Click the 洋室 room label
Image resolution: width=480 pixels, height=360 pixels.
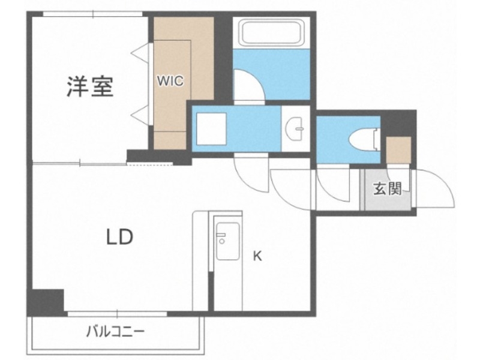(x=89, y=88)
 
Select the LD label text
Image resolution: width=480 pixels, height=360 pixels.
(x=120, y=238)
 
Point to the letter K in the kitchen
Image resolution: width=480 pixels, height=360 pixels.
(x=257, y=256)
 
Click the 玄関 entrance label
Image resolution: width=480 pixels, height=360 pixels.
(x=387, y=189)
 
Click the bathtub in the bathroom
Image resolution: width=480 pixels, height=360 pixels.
(x=271, y=34)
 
